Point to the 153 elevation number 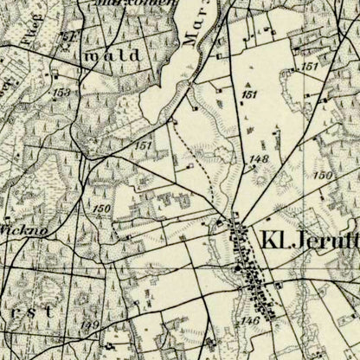[61, 93]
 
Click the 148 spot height [258, 160]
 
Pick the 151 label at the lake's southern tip [144, 145]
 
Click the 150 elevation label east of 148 [324, 176]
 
